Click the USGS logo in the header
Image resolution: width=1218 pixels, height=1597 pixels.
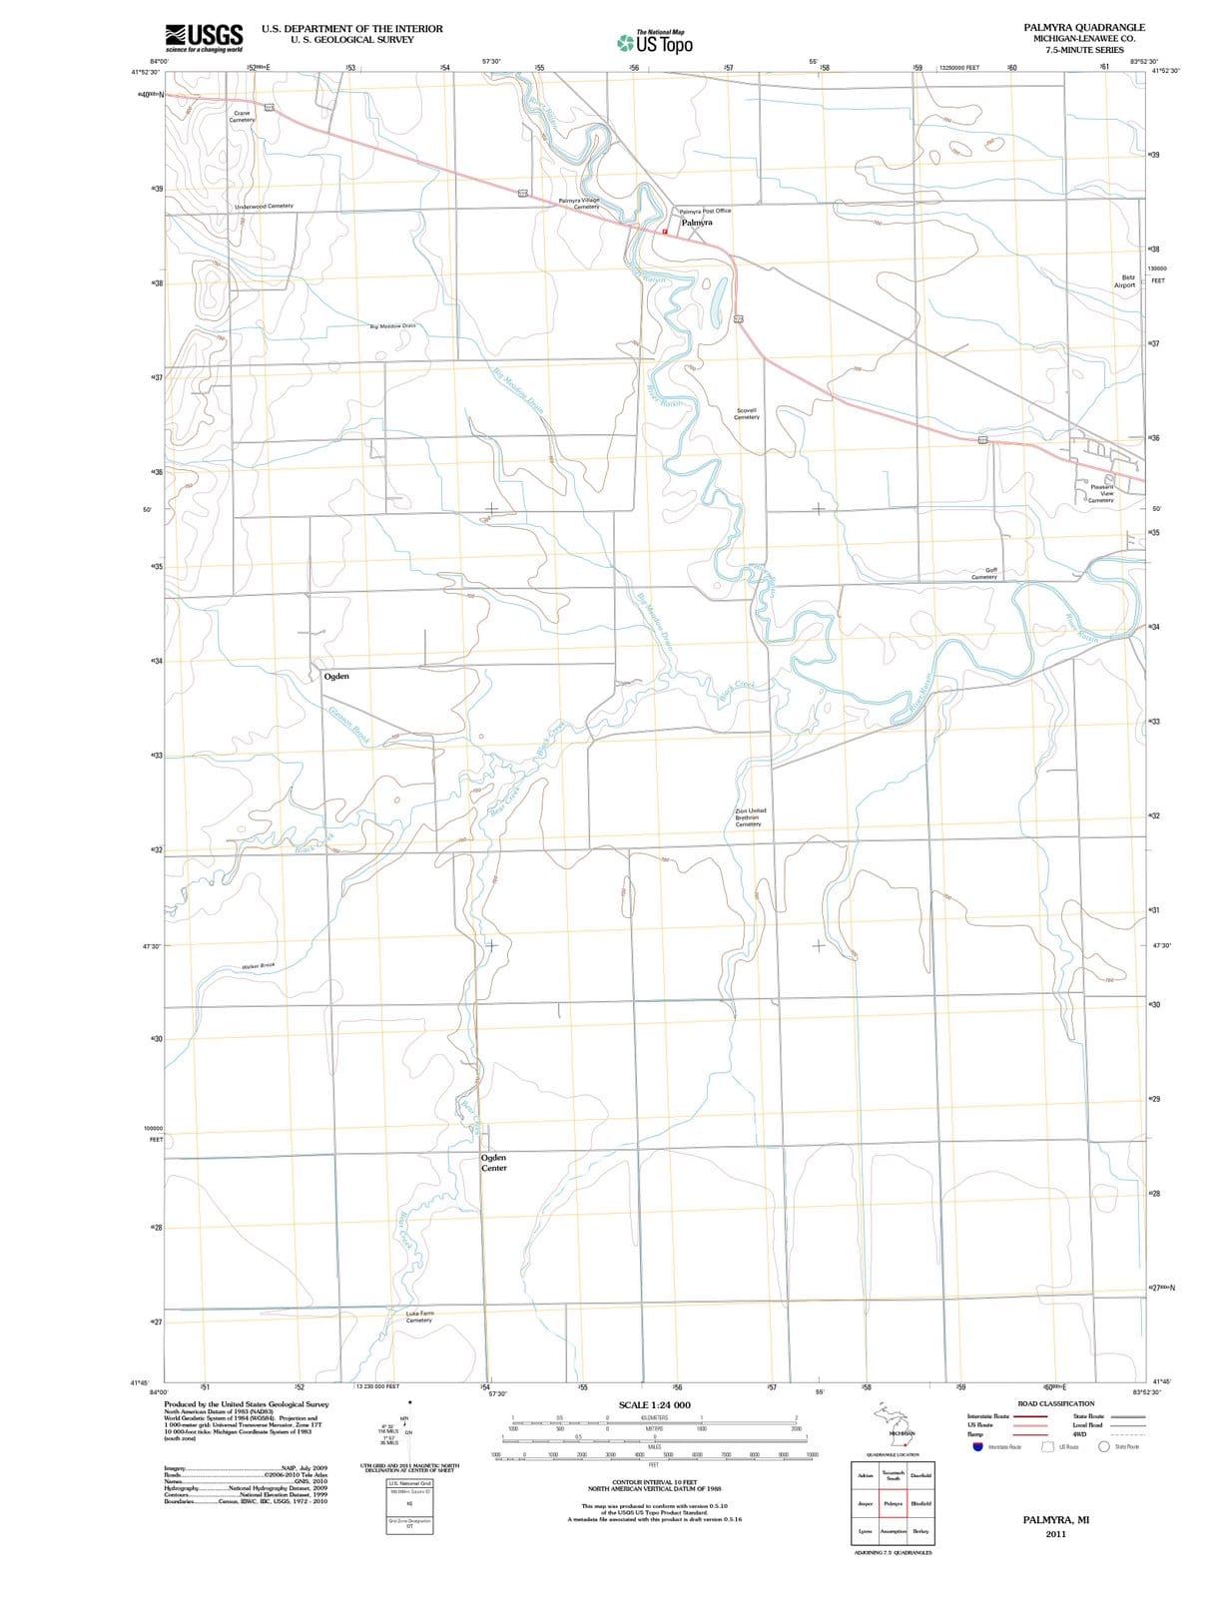tap(204, 37)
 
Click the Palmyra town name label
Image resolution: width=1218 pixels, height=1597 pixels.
tap(696, 223)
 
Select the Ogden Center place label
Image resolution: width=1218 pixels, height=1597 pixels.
tap(494, 1163)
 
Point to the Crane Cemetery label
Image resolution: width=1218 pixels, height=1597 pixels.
tap(242, 116)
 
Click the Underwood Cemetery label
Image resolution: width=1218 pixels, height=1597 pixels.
tap(264, 206)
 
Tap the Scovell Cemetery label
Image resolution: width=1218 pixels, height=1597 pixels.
tap(747, 413)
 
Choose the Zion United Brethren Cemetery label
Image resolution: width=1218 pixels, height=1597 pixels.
tap(750, 817)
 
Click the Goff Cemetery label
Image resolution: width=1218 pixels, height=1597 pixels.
tap(985, 573)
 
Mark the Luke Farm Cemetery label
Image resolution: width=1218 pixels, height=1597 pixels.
tap(419, 1317)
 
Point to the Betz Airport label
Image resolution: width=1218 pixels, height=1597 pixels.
tap(1125, 280)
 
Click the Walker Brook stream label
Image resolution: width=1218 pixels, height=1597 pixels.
tap(258, 966)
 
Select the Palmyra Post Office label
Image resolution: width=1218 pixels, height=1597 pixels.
tap(705, 211)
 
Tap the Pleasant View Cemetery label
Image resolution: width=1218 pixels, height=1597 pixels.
tap(1101, 493)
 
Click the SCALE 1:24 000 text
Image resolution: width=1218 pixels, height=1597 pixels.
tap(654, 1405)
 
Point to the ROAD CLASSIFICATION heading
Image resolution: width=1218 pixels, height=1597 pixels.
tap(1055, 1403)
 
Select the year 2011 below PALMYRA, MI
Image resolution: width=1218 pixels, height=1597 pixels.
tap(1055, 1534)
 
